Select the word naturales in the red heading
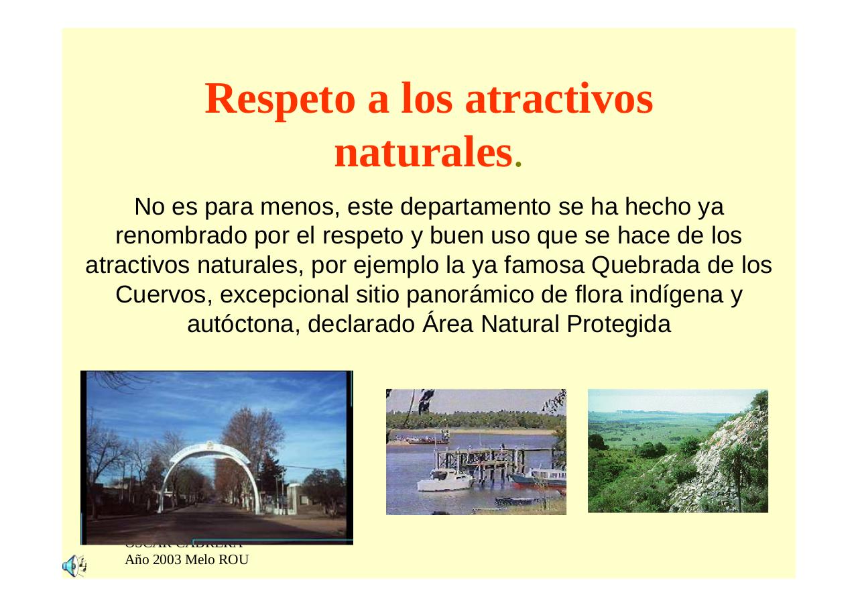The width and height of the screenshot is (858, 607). pyautogui.click(x=423, y=154)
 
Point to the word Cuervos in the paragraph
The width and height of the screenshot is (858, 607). pyautogui.click(x=164, y=295)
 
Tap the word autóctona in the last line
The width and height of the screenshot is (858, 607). pyautogui.click(x=239, y=325)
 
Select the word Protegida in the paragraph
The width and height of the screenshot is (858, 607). pyautogui.click(x=618, y=325)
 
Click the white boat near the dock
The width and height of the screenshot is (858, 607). pyautogui.click(x=442, y=480)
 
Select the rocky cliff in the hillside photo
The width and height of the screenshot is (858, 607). pyautogui.click(x=711, y=463)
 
